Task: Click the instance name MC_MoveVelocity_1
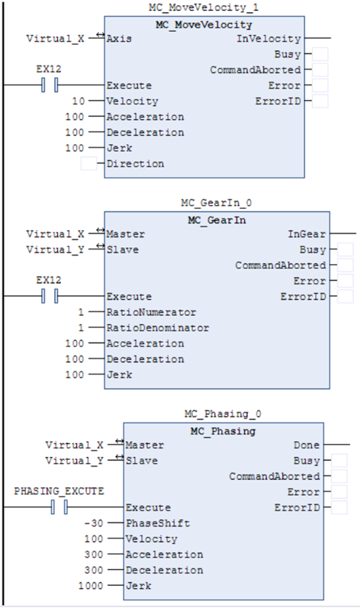[x=204, y=8]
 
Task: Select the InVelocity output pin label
[x=268, y=38]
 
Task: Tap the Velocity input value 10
[x=79, y=101]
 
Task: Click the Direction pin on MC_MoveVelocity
[x=135, y=163]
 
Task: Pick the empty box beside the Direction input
[x=88, y=163]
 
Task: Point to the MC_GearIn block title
[x=217, y=220]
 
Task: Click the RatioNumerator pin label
[x=152, y=312]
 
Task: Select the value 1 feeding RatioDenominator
[x=81, y=328]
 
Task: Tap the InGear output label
[x=307, y=233]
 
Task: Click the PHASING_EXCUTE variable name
[x=59, y=491]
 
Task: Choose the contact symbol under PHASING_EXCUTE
[x=59, y=507]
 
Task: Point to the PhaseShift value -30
[x=94, y=523]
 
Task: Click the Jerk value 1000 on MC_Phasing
[x=91, y=586]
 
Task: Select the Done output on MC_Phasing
[x=306, y=445]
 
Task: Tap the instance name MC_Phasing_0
[x=223, y=413]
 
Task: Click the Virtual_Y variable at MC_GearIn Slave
[x=55, y=249]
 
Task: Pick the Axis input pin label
[x=119, y=38]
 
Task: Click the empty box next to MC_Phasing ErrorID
[x=339, y=507]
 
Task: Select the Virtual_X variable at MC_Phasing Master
[x=74, y=445]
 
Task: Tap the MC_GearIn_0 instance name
[x=217, y=203]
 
